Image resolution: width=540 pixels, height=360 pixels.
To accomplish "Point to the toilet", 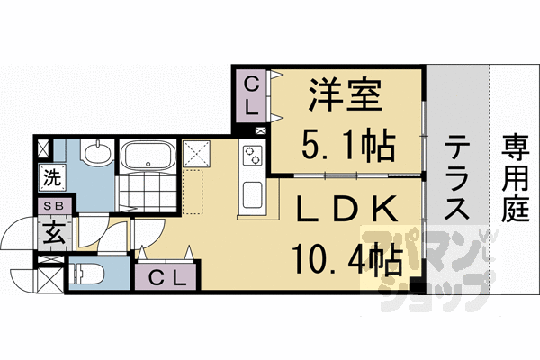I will coord(90,272).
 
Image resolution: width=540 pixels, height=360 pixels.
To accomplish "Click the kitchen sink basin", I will coord(252,193).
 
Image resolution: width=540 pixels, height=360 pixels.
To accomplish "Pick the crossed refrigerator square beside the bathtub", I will coord(195,153).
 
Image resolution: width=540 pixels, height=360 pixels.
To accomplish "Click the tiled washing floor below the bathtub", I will coord(147,193).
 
